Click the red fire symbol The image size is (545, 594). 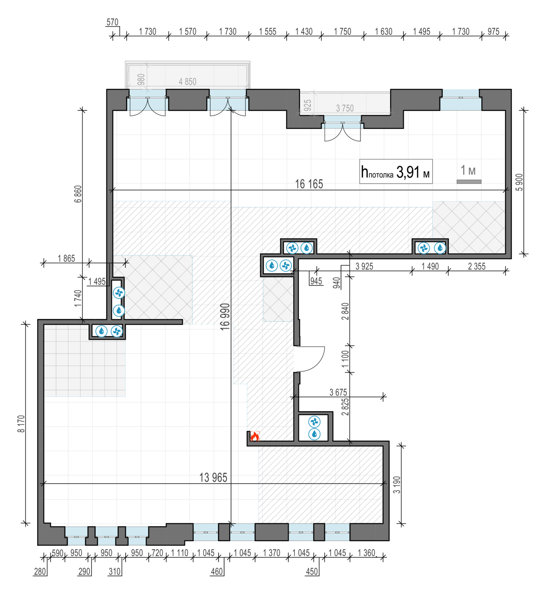tap(254, 436)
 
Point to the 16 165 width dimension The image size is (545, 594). tap(309, 184)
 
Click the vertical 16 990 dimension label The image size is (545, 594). tap(225, 316)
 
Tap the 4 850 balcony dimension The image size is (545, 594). tap(187, 82)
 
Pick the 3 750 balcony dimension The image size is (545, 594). tap(345, 108)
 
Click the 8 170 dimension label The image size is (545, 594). tap(21, 423)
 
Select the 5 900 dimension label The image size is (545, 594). tap(519, 182)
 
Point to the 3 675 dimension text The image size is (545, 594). tap(338, 392)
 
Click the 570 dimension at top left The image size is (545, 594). tap(112, 22)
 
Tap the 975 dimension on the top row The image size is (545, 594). tap(493, 31)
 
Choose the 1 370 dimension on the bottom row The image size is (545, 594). tap(272, 552)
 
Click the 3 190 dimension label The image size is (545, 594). tap(397, 485)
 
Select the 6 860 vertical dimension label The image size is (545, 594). tap(78, 194)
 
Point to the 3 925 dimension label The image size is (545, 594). tap(364, 266)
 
